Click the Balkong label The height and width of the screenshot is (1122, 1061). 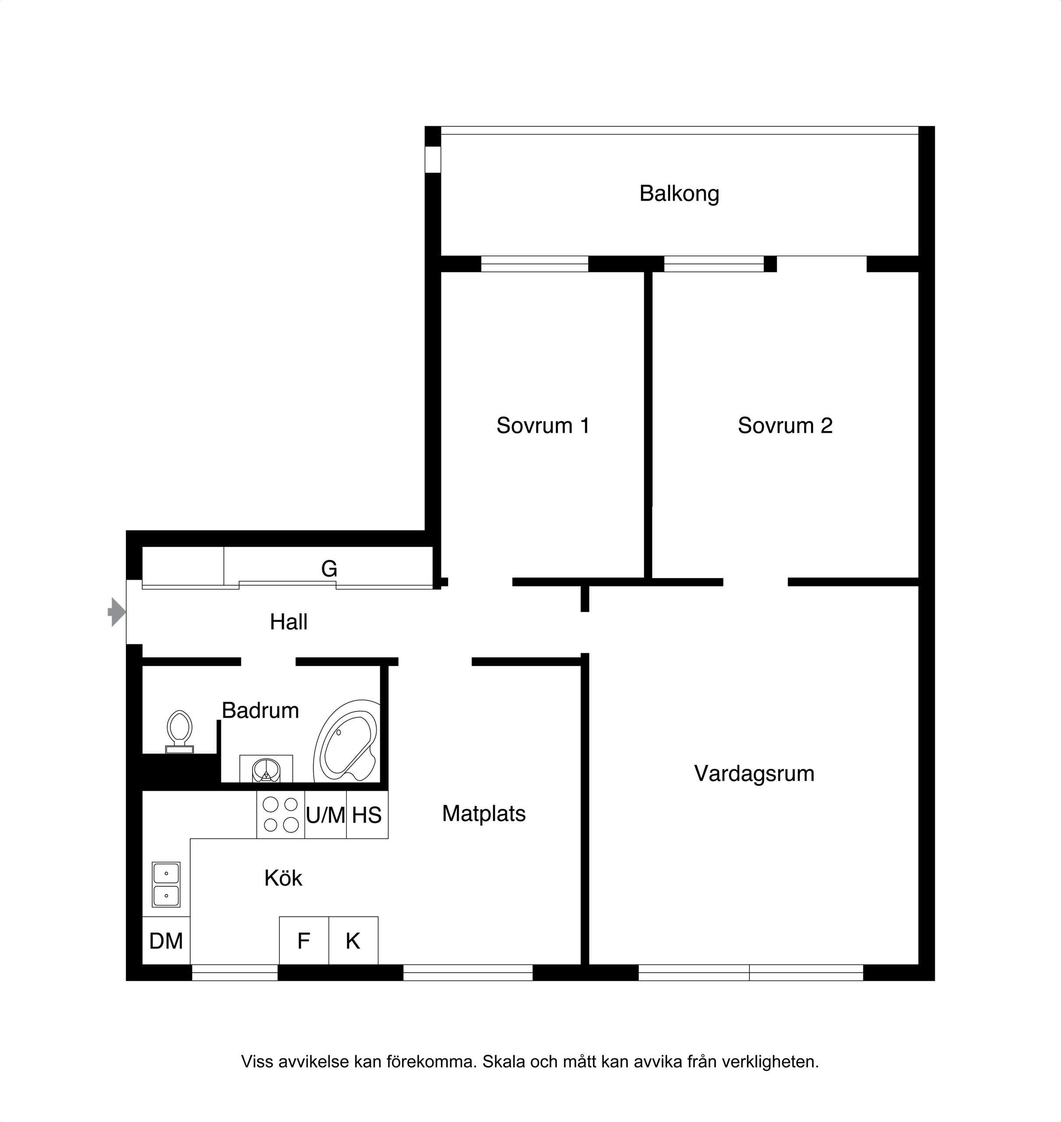[x=679, y=194]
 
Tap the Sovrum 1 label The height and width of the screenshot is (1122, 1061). [x=543, y=426]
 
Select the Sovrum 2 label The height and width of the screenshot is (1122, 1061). [x=785, y=426]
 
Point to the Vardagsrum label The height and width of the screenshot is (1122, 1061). [x=754, y=774]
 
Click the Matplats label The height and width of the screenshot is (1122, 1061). [x=484, y=813]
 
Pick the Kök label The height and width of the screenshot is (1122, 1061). [x=283, y=878]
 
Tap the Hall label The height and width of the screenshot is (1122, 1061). [x=288, y=622]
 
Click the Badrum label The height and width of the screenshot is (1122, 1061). [x=260, y=710]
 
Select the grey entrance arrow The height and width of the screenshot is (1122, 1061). [x=117, y=612]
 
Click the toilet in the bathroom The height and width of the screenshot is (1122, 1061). [x=179, y=732]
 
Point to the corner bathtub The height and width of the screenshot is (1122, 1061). [x=346, y=742]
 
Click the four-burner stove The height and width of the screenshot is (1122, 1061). [x=280, y=814]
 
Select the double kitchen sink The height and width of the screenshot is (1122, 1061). [x=166, y=885]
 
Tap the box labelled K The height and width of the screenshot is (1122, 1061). [x=354, y=941]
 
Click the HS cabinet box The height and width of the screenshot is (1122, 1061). [x=368, y=814]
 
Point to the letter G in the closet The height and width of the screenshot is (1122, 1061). [x=329, y=568]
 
